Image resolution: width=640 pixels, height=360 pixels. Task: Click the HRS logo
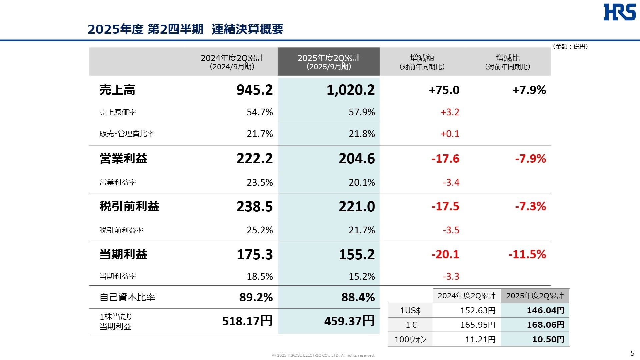tap(619, 12)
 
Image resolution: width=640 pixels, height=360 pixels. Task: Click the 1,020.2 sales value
tap(350, 90)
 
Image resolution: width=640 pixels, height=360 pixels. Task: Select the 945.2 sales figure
tap(254, 90)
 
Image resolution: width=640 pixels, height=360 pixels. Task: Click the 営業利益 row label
tap(123, 159)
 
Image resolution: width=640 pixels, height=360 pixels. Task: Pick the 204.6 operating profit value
tap(356, 159)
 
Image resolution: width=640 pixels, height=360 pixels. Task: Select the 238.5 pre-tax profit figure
tap(254, 207)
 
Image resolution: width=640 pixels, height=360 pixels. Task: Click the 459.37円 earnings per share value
tap(349, 321)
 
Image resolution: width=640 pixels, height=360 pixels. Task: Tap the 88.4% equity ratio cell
tap(358, 297)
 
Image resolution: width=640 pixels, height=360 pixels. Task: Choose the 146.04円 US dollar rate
tap(545, 310)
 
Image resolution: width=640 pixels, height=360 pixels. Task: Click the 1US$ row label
tap(410, 310)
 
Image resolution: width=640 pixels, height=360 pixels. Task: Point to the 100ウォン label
tap(410, 339)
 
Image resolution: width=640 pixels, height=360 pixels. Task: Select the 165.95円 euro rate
tap(478, 325)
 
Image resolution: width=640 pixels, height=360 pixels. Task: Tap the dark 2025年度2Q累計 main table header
tap(329, 62)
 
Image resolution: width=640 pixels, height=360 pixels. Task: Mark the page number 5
tap(632, 353)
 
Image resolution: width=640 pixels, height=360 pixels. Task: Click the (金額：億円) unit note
tap(570, 46)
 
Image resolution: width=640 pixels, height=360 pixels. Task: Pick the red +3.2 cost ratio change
tap(450, 112)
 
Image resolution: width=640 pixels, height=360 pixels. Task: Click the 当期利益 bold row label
tap(123, 254)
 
